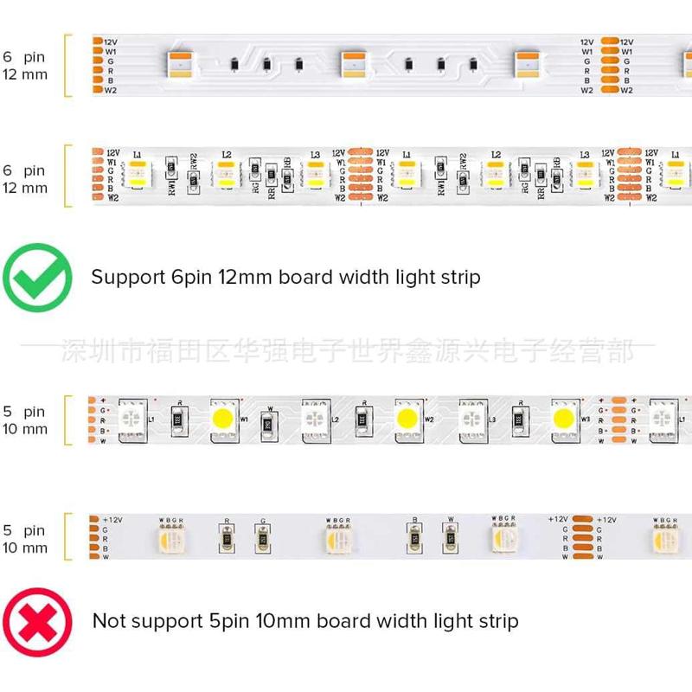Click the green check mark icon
37,279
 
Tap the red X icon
37,621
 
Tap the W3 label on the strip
585,420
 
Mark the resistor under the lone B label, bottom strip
414,540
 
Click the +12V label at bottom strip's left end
113,519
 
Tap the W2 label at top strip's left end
111,90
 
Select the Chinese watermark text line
346,351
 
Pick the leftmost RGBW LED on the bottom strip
169,540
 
